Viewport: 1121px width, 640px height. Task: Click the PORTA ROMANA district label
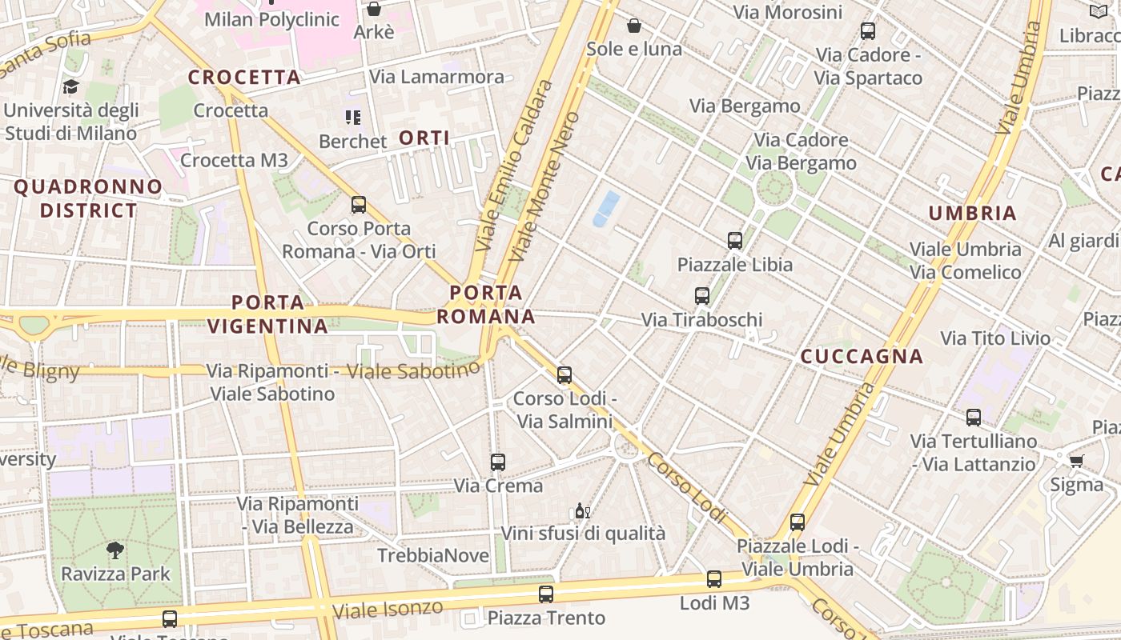point(485,304)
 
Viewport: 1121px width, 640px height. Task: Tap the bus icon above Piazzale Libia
point(735,240)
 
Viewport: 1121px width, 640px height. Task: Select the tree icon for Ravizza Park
point(115,550)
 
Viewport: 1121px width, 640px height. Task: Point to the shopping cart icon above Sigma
point(1076,460)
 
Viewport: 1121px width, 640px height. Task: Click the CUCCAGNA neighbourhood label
point(862,357)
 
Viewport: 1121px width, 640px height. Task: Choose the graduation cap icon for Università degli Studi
point(70,86)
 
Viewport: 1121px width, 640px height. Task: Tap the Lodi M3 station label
point(714,602)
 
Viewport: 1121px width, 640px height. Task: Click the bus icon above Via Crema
point(498,462)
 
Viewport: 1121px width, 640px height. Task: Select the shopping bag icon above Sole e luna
point(634,26)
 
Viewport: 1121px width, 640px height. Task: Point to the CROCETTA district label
point(244,78)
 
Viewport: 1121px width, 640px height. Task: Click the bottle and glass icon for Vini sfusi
point(583,510)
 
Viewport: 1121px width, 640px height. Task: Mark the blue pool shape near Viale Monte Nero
point(606,208)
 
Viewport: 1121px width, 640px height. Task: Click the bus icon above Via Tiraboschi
point(702,296)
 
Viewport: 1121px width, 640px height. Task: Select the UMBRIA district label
point(972,214)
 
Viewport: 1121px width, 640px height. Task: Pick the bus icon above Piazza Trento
point(546,594)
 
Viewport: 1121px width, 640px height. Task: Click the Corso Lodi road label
point(688,488)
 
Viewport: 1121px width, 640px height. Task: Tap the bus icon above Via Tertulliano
point(974,417)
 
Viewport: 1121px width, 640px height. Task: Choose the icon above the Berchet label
point(353,118)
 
